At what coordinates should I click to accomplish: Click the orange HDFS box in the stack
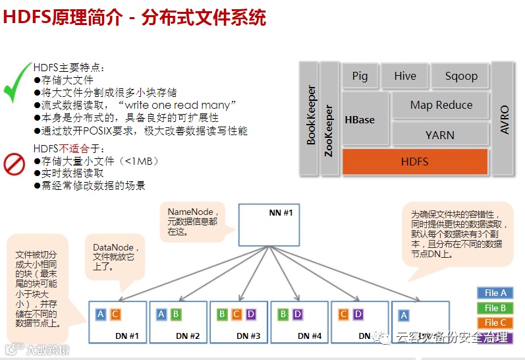414,161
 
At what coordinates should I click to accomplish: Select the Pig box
360,76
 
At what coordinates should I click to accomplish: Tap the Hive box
404,76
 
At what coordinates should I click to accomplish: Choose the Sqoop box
461,76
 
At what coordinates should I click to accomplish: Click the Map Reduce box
441,105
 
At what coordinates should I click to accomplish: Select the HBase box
360,119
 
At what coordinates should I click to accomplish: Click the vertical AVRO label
505,119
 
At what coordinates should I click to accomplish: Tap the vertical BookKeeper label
312,115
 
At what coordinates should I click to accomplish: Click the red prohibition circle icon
14,164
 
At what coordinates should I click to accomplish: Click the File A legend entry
495,293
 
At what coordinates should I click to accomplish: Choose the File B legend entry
495,308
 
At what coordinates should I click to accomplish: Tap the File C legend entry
495,322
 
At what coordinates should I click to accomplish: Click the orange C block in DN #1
115,315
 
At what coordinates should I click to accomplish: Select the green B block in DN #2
176,315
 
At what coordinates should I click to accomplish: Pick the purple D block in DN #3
251,315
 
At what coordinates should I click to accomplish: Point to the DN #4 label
310,336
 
